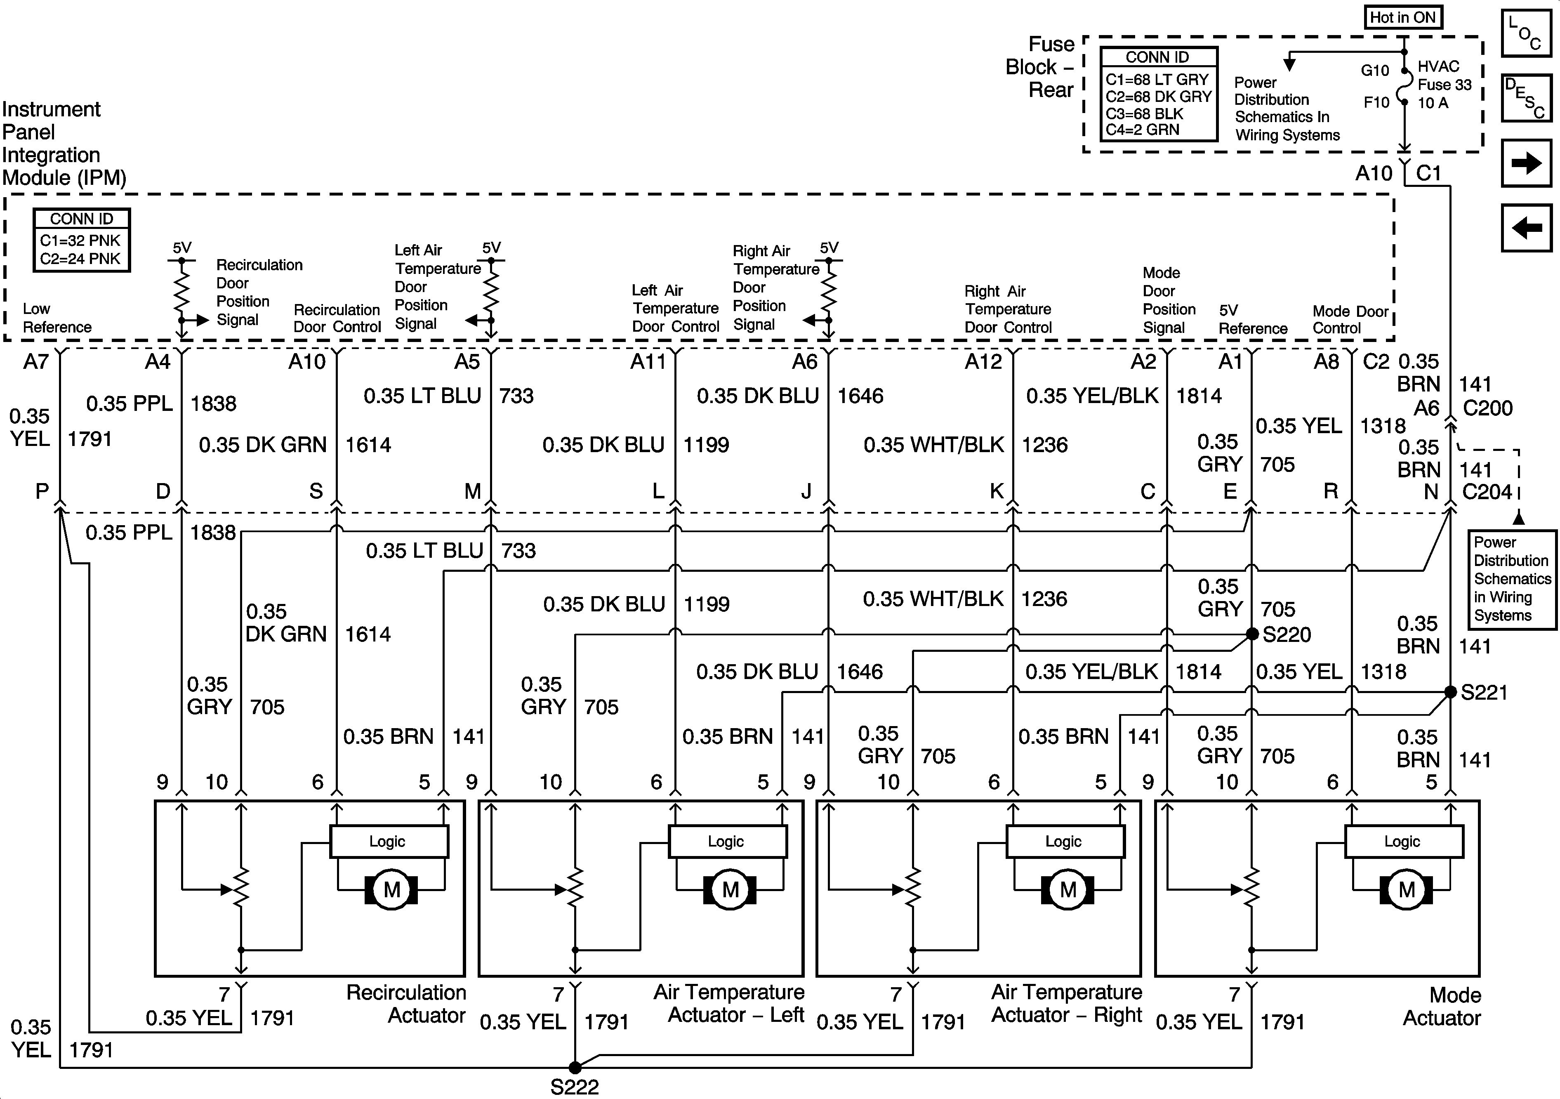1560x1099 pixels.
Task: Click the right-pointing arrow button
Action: tap(1526, 163)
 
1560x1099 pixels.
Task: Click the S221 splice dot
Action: tap(1450, 692)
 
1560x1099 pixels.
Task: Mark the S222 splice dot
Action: tap(575, 1068)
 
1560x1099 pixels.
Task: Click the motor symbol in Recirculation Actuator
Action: tap(391, 890)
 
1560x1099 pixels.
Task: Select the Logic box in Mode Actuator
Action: tap(1403, 842)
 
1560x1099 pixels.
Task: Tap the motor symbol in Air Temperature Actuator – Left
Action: tap(730, 890)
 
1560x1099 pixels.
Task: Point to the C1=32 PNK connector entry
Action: tap(80, 241)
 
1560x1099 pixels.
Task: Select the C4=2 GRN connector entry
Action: tap(1143, 129)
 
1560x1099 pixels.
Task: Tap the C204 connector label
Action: tap(1487, 491)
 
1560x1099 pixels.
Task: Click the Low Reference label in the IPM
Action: tap(57, 318)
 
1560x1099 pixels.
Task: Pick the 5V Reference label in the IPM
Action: tap(1252, 319)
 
